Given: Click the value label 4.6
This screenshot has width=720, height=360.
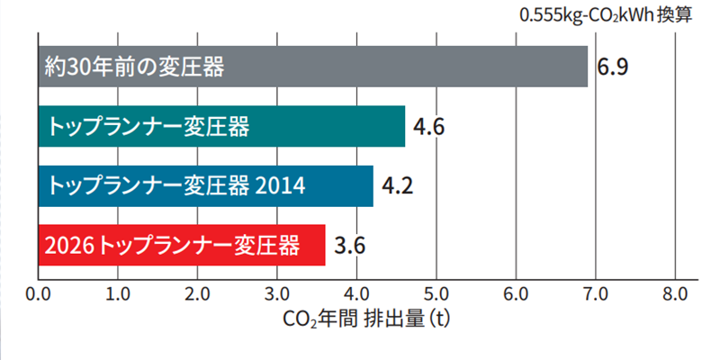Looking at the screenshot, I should pos(428,127).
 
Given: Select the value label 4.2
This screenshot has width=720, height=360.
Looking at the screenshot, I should pos(397,186).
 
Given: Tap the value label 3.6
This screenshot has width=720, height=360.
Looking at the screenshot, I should pos(349,245).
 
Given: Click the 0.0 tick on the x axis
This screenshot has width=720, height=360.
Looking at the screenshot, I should pos(39,293).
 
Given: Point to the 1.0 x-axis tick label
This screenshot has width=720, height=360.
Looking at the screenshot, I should pos(118,293).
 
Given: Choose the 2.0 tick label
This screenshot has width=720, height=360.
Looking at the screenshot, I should pos(197,293).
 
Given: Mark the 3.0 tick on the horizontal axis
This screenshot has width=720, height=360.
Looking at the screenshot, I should pos(277,293).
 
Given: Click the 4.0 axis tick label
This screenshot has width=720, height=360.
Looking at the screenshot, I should pos(356,293).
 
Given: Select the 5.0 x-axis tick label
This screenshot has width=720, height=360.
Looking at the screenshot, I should pos(436,293).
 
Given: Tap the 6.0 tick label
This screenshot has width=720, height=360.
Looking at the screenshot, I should pos(516,293).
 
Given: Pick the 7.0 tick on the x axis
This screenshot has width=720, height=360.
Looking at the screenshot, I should pos(595,293).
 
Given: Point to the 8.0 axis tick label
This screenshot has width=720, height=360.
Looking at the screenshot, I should pos(674,293).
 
